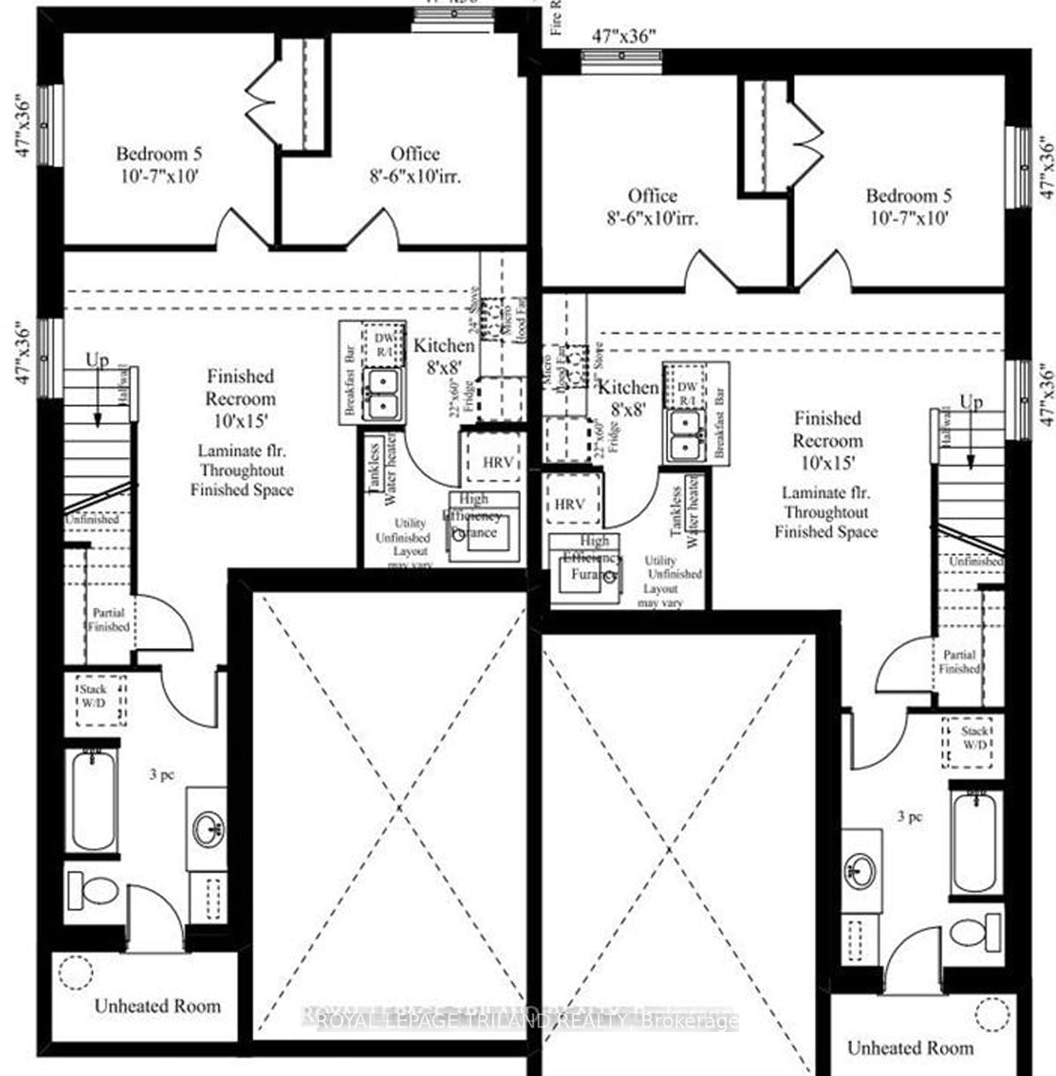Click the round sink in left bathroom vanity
tap(209, 829)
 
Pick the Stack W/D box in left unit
tap(101, 700)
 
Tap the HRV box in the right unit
tap(569, 505)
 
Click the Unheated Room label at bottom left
tap(158, 1006)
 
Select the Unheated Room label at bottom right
tap(910, 1048)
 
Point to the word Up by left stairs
tap(98, 360)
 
